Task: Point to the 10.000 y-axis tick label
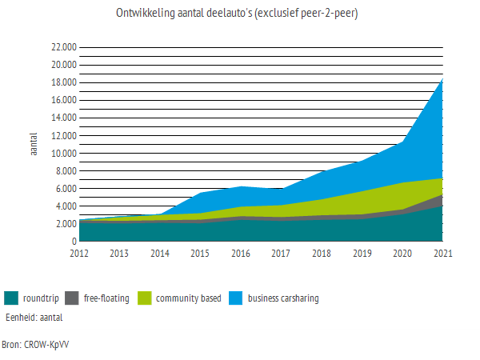coord(63,154)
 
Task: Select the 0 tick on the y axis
coord(73,241)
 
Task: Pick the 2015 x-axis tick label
coord(200,254)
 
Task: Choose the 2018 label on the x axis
coord(322,254)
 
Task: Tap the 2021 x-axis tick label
coord(442,254)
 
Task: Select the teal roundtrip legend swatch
coord(11,298)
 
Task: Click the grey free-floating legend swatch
coord(71,298)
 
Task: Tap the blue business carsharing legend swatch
coord(234,298)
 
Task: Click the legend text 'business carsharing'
coord(283,298)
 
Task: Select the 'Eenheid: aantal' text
coord(34,317)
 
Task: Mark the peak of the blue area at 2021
coord(442,78)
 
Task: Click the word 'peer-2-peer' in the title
coord(327,14)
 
